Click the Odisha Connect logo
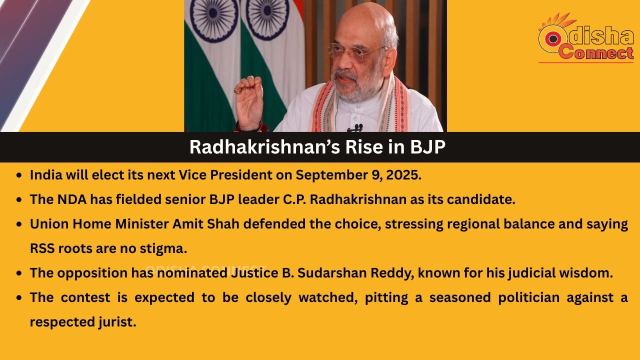[x=585, y=37]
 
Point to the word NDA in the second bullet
[x=72, y=199]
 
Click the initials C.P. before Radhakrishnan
[x=294, y=199]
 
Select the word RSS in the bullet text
[x=42, y=248]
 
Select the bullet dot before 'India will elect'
[x=19, y=175]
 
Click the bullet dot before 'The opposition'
[x=19, y=273]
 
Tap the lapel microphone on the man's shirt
[x=355, y=127]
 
